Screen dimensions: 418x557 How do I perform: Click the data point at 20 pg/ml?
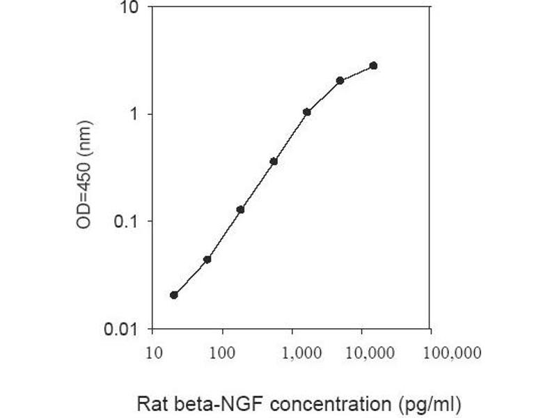174,295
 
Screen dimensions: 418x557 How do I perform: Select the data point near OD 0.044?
207,259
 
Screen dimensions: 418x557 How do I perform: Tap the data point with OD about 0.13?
240,209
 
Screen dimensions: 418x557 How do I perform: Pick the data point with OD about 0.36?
274,161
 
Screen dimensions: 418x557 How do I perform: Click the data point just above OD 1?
307,111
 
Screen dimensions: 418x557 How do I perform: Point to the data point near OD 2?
340,80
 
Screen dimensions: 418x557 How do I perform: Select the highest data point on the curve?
374,65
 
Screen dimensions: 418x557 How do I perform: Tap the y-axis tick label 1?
136,114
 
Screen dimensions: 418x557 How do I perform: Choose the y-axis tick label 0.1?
127,222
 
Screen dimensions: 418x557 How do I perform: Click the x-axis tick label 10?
153,353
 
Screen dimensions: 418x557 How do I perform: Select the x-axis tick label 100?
222,353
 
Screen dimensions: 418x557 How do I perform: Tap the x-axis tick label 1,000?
291,353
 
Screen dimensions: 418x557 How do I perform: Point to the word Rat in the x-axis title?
150,404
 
